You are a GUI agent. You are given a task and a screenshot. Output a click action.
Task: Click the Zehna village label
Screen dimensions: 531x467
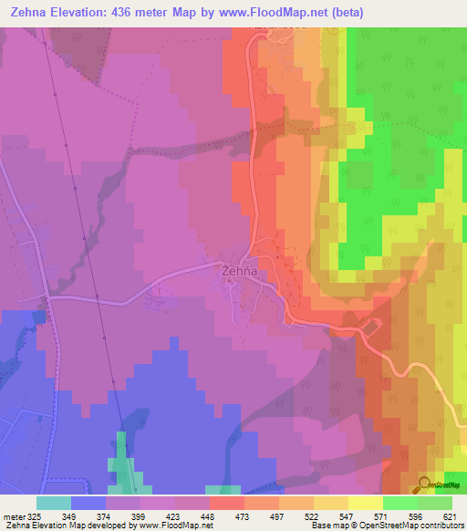[243, 271]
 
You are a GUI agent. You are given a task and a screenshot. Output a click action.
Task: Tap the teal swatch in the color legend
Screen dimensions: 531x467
[54, 503]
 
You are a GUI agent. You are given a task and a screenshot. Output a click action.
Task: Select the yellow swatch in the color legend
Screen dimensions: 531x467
[365, 503]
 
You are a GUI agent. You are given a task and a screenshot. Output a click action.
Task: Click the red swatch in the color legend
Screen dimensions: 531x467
[226, 503]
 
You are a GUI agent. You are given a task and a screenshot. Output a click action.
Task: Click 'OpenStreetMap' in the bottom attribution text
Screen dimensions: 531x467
[384, 526]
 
